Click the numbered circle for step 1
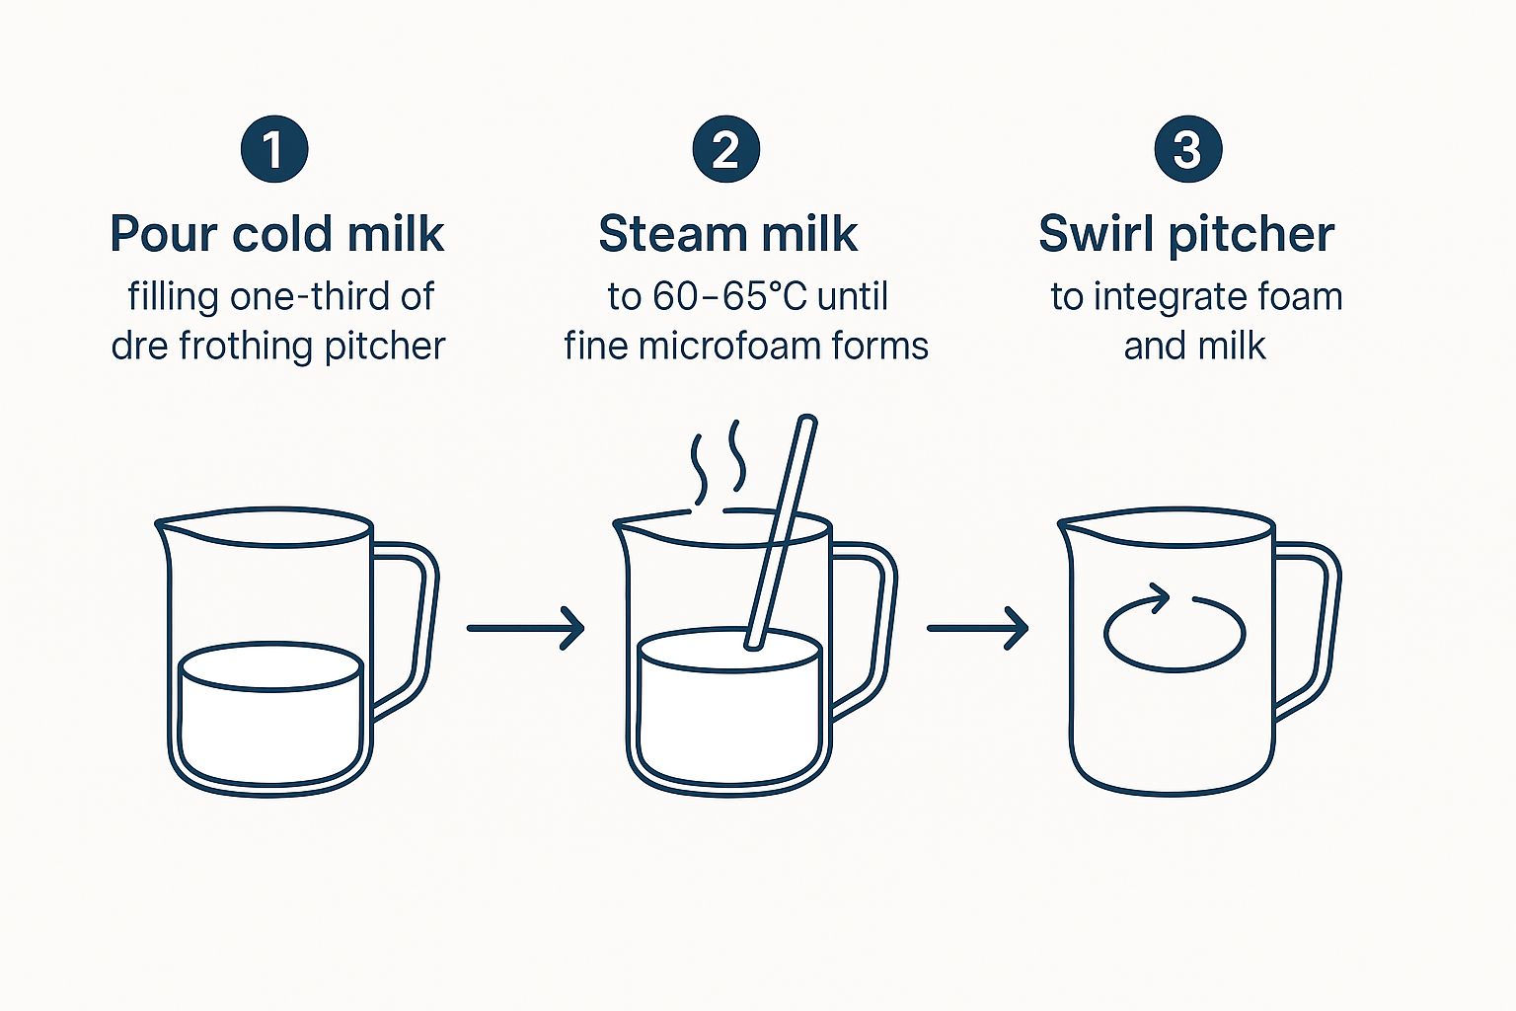point(274,149)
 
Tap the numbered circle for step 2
point(726,149)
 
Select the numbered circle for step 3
point(1188,149)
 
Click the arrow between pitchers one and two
point(526,628)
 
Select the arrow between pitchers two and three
point(978,628)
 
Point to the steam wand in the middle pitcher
point(782,532)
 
